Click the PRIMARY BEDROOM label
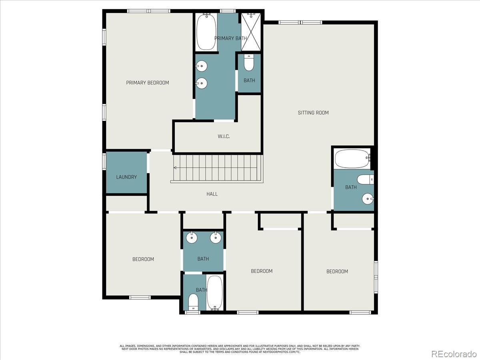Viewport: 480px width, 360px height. click(147, 83)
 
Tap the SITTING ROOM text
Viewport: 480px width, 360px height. click(313, 113)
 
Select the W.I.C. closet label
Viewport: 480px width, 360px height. click(224, 136)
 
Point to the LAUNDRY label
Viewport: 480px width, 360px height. click(126, 177)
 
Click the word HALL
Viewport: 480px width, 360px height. click(212, 194)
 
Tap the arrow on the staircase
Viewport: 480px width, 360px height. click(175, 168)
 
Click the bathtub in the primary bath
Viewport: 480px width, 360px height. click(206, 32)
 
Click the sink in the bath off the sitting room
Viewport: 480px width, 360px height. click(368, 198)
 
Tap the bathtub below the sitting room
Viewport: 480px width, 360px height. click(352, 159)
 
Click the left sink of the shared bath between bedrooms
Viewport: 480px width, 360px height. click(192, 238)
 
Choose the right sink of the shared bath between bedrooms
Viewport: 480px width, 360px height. click(215, 238)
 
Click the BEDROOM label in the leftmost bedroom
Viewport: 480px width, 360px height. click(143, 259)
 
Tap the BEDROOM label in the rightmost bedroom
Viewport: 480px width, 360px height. click(337, 272)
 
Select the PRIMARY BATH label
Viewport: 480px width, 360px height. click(230, 38)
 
